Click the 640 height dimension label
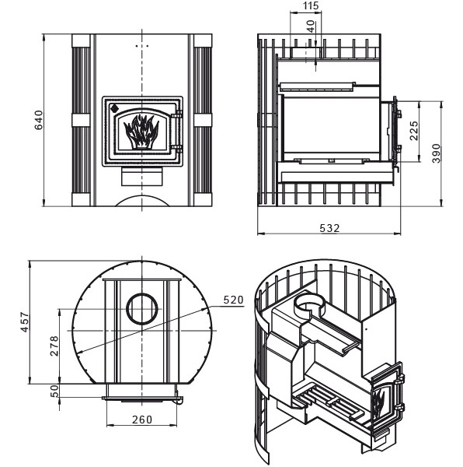(39, 120)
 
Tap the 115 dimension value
(311, 5)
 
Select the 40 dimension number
(310, 26)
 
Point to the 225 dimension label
(413, 131)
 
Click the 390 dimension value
(436, 153)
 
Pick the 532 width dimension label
(329, 228)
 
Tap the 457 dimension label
(25, 322)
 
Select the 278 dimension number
(54, 346)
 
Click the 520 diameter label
(233, 300)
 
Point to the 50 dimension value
(54, 391)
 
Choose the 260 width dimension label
(142, 420)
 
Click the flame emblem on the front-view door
(141, 132)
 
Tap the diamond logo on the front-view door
(114, 108)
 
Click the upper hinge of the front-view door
(178, 114)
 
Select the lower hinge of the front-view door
(178, 149)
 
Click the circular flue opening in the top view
(142, 309)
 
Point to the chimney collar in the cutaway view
(308, 305)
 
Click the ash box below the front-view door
(141, 177)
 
